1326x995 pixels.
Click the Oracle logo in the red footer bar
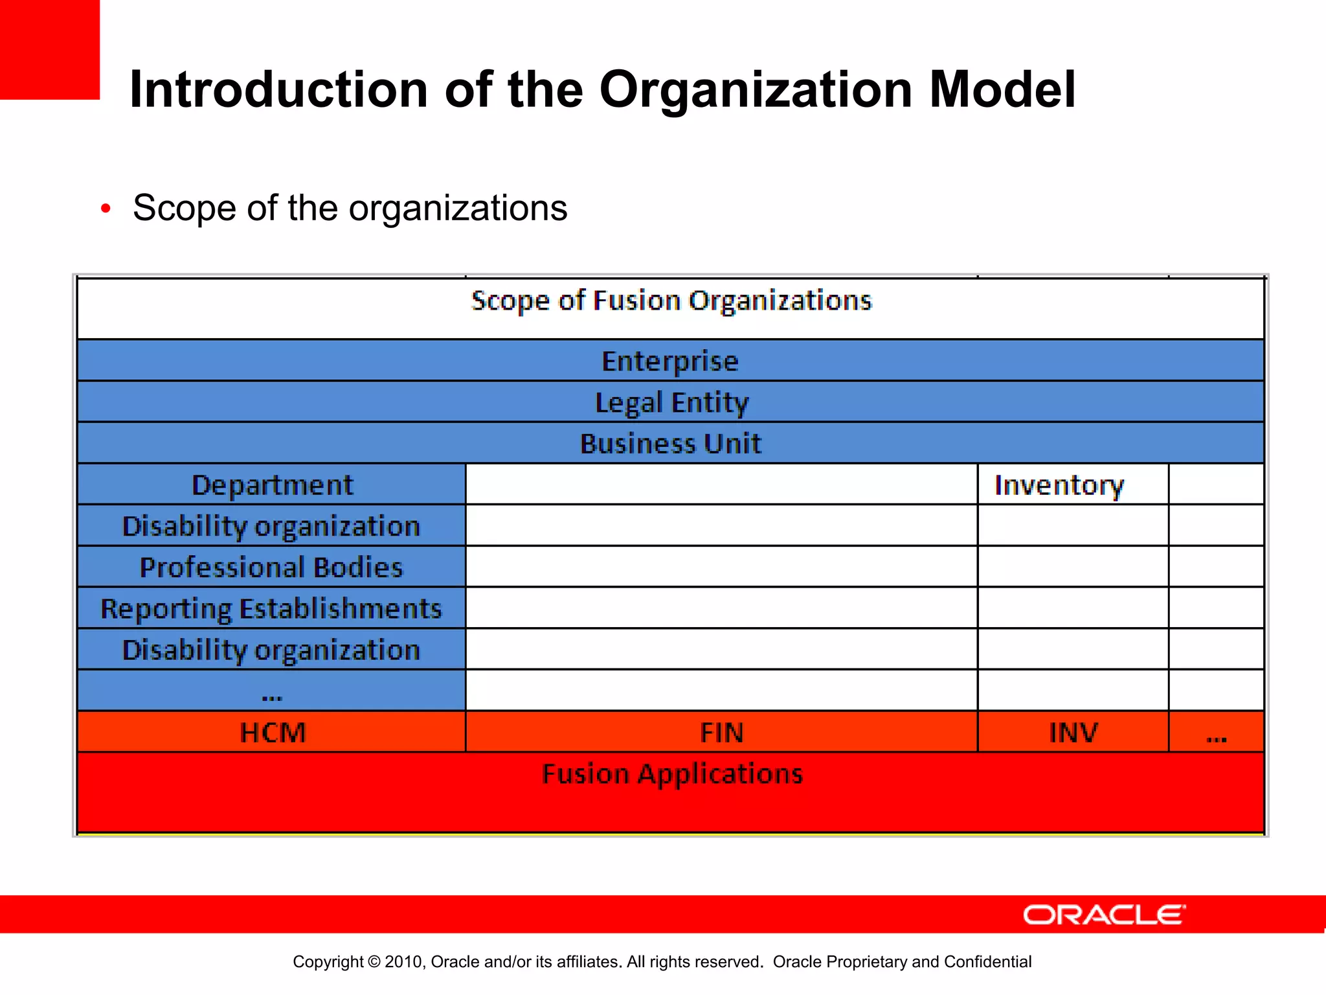click(x=1104, y=915)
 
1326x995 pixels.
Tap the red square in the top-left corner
click(x=49, y=49)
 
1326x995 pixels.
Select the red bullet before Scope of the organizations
click(x=106, y=209)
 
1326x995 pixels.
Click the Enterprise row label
click(x=670, y=361)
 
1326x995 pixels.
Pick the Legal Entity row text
click(x=671, y=402)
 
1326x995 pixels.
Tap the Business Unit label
click(x=670, y=444)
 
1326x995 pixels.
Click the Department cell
click(x=272, y=485)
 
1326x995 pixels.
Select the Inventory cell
click(x=1059, y=485)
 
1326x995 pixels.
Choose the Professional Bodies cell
click(x=271, y=567)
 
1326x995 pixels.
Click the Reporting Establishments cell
click(x=271, y=609)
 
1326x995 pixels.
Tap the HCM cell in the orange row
click(x=272, y=733)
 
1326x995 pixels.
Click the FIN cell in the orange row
click(x=721, y=733)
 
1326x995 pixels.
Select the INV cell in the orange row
click(x=1073, y=733)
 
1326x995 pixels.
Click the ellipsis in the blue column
click(x=272, y=696)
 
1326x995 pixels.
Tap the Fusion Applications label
click(x=672, y=774)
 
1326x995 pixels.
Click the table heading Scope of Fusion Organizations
click(x=671, y=301)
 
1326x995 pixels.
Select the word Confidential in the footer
click(x=987, y=962)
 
